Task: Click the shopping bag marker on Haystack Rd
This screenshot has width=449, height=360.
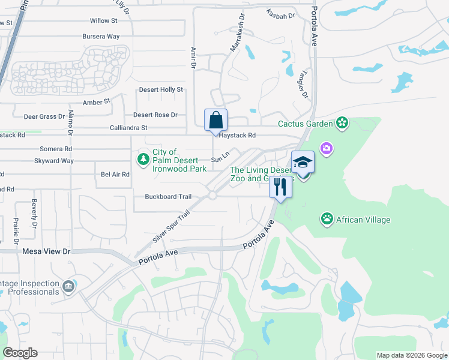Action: click(216, 120)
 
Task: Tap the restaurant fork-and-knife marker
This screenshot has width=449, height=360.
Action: click(280, 187)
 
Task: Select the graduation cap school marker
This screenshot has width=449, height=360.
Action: click(303, 163)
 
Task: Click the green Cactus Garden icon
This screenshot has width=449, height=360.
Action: click(343, 124)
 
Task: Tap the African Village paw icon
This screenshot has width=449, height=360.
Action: click(327, 218)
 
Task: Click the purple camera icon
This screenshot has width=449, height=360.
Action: click(326, 148)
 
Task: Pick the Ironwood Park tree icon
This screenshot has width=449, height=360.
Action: click(143, 159)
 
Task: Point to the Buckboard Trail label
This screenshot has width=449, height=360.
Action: click(168, 197)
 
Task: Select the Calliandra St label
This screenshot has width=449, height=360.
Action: click(128, 128)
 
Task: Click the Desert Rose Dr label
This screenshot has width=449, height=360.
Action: click(155, 115)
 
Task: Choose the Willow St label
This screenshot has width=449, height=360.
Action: click(103, 21)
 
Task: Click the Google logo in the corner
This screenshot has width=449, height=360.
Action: click(20, 352)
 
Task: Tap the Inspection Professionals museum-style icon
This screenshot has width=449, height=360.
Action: click(70, 286)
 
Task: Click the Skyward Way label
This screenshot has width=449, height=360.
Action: click(54, 161)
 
